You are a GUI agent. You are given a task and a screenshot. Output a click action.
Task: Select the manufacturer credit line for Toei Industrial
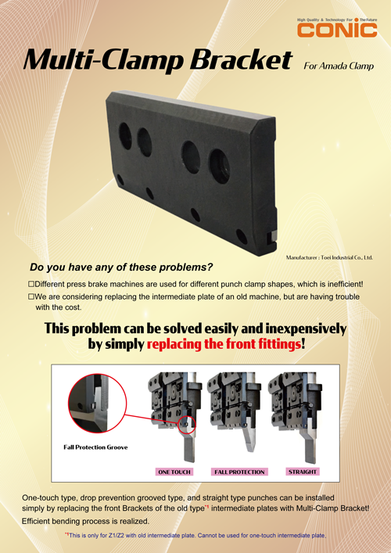[x=329, y=257]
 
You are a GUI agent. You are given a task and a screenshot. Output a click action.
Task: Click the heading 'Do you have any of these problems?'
[x=120, y=266]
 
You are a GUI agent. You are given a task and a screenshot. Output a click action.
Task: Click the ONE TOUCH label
[x=175, y=472]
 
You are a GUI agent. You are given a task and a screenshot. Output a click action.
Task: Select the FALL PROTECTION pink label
[x=239, y=472]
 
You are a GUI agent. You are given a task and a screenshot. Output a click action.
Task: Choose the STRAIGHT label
[x=303, y=472]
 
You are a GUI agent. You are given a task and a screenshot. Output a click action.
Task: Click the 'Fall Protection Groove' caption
[x=95, y=447]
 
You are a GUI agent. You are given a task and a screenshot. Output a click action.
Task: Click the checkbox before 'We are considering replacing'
[x=31, y=296]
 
